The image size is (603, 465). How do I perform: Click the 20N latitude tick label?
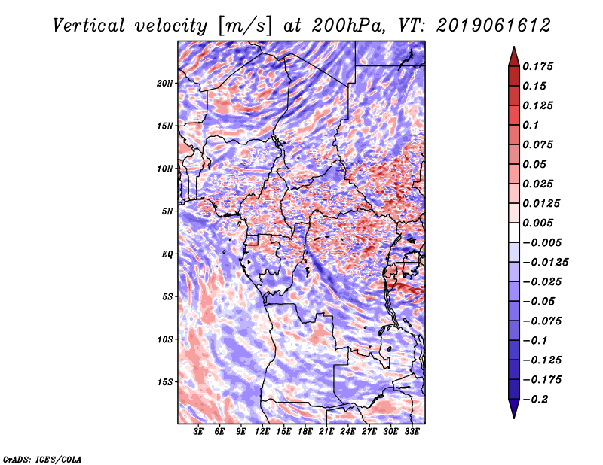[165, 83]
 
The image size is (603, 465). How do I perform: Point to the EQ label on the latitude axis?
[167, 254]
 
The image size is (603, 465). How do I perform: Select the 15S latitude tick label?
[165, 381]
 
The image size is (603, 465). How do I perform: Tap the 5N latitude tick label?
[167, 211]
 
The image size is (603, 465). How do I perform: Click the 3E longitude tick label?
[199, 432]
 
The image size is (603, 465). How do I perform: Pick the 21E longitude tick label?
[326, 432]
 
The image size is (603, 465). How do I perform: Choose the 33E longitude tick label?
[412, 432]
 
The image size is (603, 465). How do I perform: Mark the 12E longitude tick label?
[262, 432]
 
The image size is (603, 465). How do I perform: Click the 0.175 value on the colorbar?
[540, 66]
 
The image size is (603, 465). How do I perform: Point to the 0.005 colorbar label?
[540, 223]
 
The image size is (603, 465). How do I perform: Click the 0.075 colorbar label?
[540, 144]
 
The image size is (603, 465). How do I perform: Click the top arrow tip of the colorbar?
[513, 48]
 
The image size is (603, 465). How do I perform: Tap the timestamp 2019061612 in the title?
[486, 26]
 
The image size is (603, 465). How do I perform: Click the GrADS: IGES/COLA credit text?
[41, 458]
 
